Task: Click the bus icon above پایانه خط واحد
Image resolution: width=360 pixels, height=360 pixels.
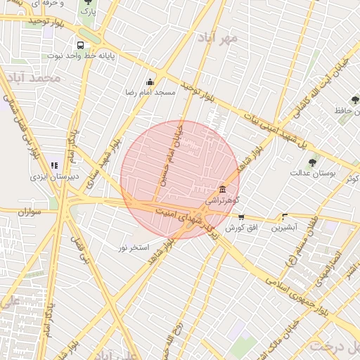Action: click(81, 43)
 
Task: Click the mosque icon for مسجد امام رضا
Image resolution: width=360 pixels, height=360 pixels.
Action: click(149, 82)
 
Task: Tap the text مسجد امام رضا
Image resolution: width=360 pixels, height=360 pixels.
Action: click(149, 93)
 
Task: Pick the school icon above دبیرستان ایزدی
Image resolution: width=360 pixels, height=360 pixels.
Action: click(55, 165)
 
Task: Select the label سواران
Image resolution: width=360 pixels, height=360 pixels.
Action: click(32, 211)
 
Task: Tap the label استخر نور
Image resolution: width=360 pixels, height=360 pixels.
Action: click(134, 247)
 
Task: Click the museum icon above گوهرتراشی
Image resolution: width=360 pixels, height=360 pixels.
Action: click(222, 189)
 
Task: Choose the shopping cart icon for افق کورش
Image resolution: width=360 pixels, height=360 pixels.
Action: click(242, 217)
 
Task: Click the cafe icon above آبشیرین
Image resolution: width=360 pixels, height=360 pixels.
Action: click(285, 217)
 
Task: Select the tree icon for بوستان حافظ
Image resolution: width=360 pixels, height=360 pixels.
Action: click(354, 100)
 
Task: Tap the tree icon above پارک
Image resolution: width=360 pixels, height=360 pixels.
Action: click(88, 2)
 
